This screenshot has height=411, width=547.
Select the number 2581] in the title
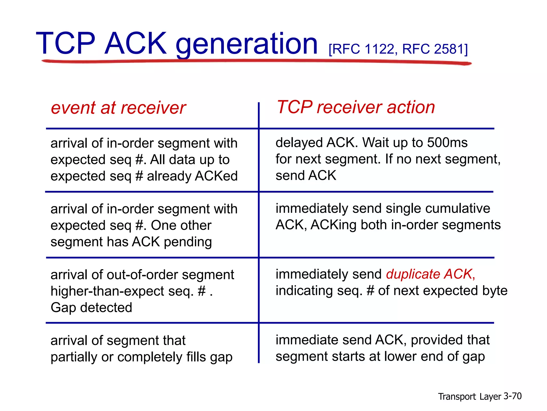pos(451,49)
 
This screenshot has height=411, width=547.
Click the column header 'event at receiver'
pos(118,108)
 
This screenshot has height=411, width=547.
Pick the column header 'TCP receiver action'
pos(356,107)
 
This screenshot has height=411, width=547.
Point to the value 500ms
pos(447,142)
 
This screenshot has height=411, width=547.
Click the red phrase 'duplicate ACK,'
pos(431,274)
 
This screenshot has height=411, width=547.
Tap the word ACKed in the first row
pos(216,176)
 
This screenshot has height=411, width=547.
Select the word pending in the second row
pos(188,242)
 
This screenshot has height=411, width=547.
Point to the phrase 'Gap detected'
pos(91,307)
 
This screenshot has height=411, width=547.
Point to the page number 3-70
pos(512,396)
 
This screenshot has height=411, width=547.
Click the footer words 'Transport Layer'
pos(469,397)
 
